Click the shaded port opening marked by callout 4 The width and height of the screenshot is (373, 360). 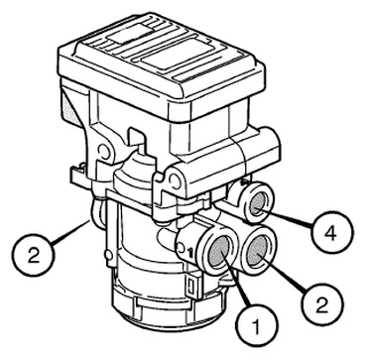[x=258, y=203]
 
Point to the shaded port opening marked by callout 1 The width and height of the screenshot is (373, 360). [x=219, y=252]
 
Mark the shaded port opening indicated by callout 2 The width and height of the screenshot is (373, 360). [x=258, y=251]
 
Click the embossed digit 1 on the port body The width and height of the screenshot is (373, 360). [x=190, y=252]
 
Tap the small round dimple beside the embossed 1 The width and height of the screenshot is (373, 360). [x=181, y=248]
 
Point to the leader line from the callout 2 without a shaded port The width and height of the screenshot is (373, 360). [x=70, y=232]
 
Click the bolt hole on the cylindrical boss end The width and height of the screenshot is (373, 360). [x=175, y=179]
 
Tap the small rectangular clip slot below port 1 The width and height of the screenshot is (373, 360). [x=190, y=285]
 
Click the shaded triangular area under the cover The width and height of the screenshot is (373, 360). [x=69, y=107]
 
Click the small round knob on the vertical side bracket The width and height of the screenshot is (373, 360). [x=107, y=254]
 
